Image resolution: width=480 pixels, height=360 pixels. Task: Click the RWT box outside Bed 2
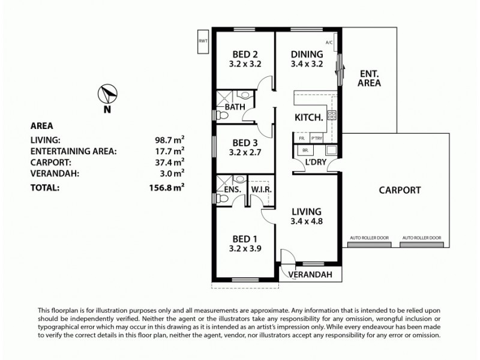pyautogui.click(x=203, y=41)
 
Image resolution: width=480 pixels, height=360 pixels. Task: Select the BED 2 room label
pyautogui.click(x=244, y=53)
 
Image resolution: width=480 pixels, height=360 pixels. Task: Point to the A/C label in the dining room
pyautogui.click(x=328, y=43)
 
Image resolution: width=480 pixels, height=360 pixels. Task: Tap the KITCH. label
pyautogui.click(x=308, y=118)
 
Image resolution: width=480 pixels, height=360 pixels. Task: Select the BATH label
pyautogui.click(x=235, y=108)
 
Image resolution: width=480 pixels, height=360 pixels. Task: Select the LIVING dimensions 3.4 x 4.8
pyautogui.click(x=306, y=221)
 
